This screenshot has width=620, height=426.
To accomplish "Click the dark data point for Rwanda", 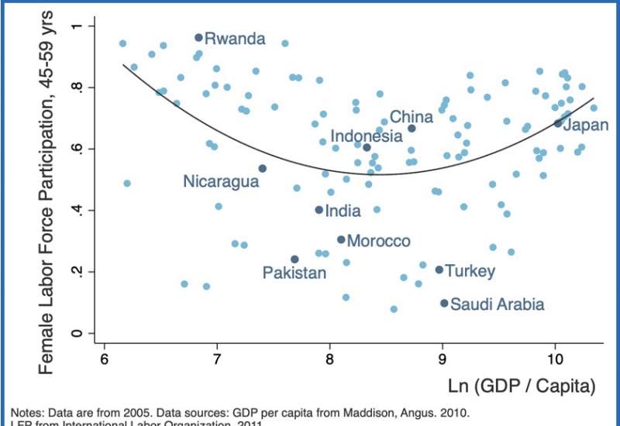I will (198, 37).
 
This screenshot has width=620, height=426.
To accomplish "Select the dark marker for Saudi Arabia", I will (444, 304).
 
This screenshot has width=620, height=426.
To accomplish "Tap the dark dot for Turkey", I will (439, 270).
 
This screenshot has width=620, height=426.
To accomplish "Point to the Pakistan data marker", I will (294, 259).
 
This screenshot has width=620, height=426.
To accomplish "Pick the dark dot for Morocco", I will (341, 240).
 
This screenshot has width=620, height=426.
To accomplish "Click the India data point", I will (319, 210).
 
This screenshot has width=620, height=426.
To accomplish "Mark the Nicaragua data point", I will (263, 168).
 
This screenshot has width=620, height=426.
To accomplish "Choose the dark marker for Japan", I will (557, 123).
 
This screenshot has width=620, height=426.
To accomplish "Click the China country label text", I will (411, 117).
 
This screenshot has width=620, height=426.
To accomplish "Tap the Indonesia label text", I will (367, 136).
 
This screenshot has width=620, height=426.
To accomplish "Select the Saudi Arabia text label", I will (497, 304).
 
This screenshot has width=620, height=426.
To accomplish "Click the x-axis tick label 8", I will (330, 360).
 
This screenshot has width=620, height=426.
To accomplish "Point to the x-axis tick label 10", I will (555, 360).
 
